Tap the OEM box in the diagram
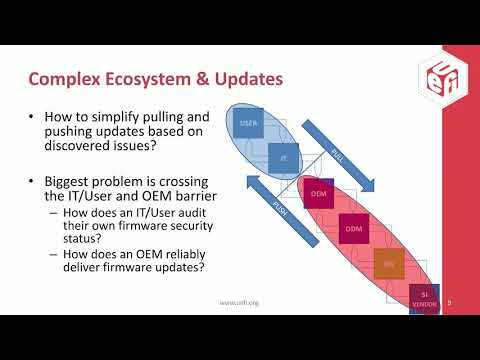319,191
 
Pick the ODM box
353,228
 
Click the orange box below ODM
387,264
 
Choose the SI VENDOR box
424,297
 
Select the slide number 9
450,300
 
